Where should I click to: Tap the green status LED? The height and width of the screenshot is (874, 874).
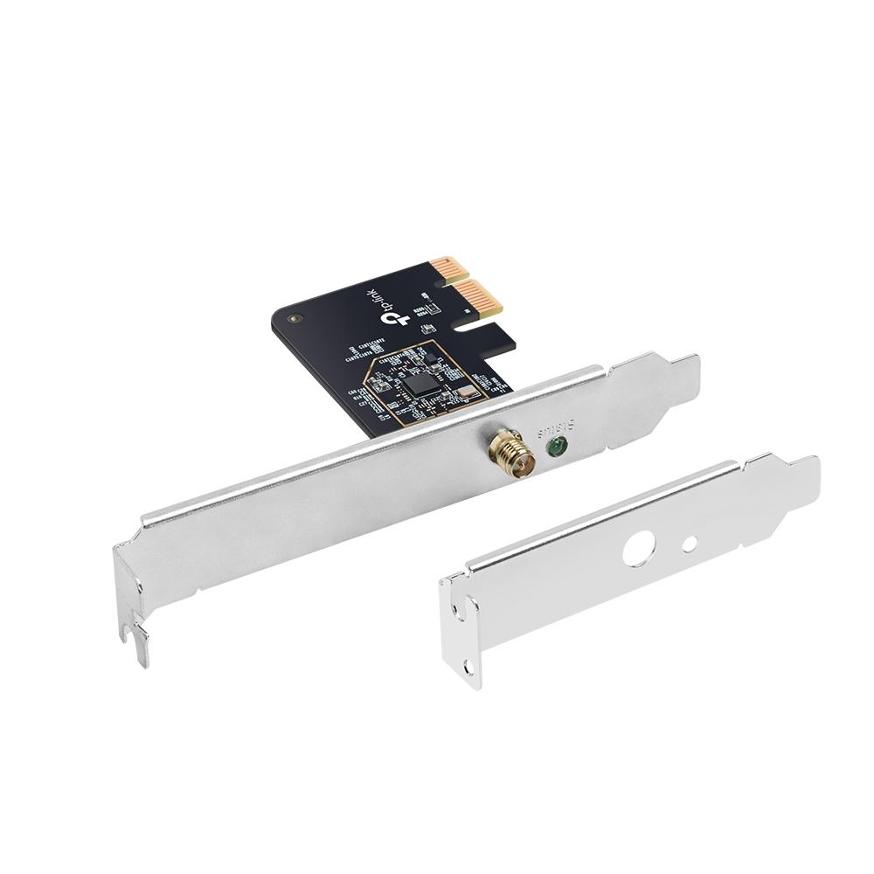[x=555, y=448]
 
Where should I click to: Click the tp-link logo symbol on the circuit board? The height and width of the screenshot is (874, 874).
[x=395, y=317]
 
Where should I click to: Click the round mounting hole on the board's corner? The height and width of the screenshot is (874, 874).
[x=295, y=319]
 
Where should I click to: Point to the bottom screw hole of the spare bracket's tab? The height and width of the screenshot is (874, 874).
[x=469, y=667]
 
